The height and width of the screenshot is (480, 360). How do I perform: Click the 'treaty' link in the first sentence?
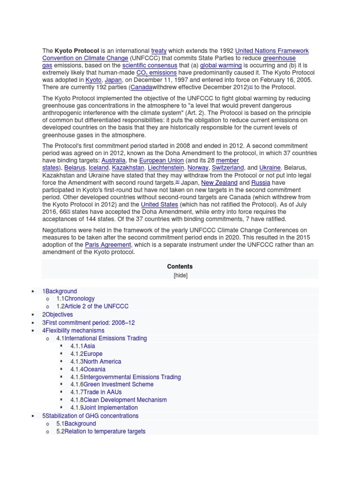pos(159,50)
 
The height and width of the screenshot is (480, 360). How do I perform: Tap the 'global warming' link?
pos(224,66)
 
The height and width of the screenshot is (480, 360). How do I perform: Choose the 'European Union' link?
pos(161,160)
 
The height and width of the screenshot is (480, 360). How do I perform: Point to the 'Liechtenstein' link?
pos(165,168)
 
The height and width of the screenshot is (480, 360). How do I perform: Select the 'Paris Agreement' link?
pos(108,245)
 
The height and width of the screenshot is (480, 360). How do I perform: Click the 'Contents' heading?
pos(180,266)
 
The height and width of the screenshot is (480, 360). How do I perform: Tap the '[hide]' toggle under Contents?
pos(180,276)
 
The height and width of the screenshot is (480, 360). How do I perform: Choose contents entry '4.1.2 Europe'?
pos(87,354)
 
